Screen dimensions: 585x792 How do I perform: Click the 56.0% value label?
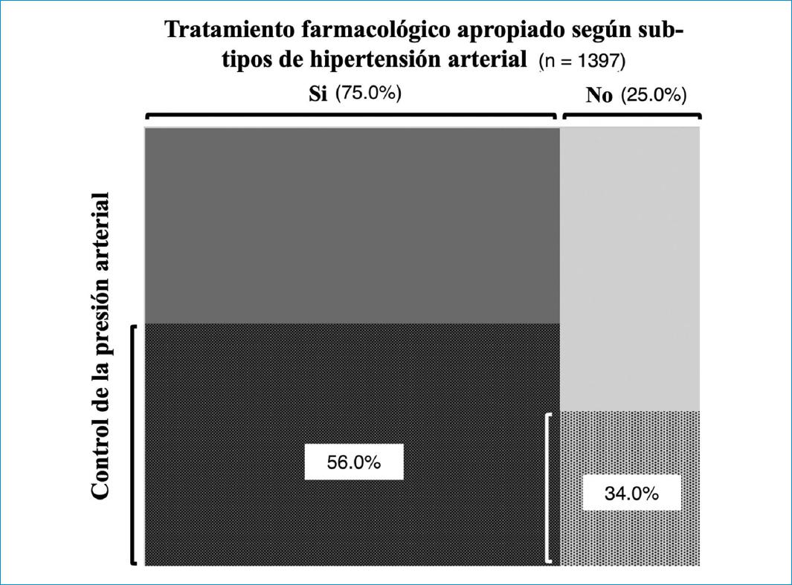coord(354,462)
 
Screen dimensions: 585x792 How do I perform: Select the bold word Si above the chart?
coord(318,95)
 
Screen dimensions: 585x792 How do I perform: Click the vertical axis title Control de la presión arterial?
coord(102,345)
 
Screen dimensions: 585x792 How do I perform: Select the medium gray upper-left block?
coord(351,225)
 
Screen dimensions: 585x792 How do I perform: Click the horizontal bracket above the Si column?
coord(350,115)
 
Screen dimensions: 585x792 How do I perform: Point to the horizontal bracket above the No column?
coord(632,115)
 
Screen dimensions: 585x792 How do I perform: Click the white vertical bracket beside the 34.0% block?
coord(548,488)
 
